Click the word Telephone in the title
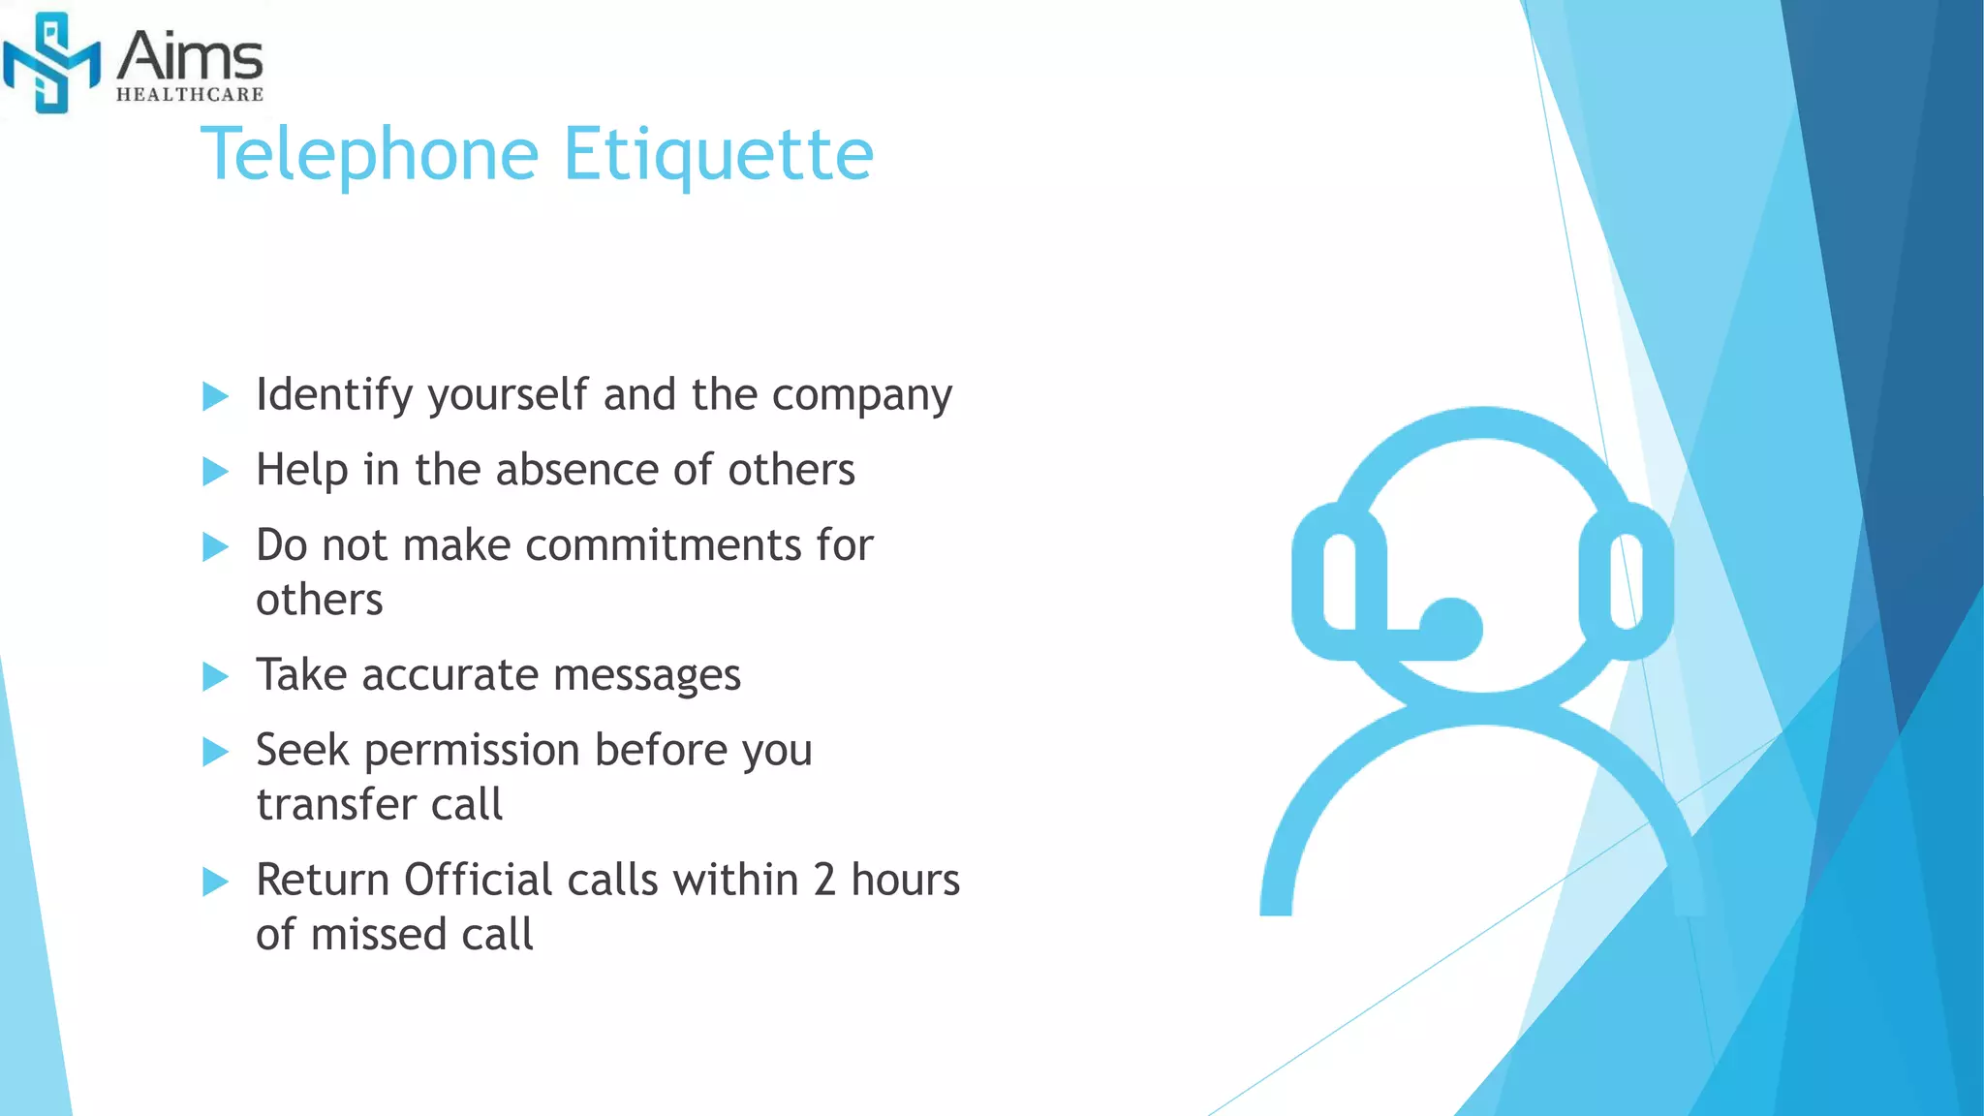coord(369,154)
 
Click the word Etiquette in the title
coord(718,154)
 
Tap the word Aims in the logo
coord(190,57)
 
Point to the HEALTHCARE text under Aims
coord(190,95)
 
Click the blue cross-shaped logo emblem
coord(51,63)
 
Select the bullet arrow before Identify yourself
coord(215,396)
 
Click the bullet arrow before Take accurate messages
coord(215,676)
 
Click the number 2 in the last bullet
coord(824,881)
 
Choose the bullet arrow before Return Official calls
coord(215,883)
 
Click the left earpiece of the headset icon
coord(1340,581)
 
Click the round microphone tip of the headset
coord(1450,628)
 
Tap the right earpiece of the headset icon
coord(1626,581)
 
